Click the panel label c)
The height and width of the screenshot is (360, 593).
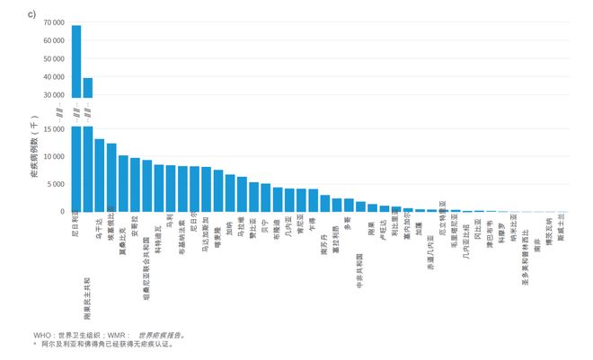point(31,14)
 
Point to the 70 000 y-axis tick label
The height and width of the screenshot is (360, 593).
point(52,22)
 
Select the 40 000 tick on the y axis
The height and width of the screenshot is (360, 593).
point(52,76)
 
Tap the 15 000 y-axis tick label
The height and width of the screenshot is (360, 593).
point(52,128)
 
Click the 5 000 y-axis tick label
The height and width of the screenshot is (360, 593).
point(54,184)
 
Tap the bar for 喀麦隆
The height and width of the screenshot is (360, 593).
point(217,190)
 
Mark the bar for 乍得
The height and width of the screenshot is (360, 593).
point(313,200)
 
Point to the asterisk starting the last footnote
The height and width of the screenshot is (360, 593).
point(35,343)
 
